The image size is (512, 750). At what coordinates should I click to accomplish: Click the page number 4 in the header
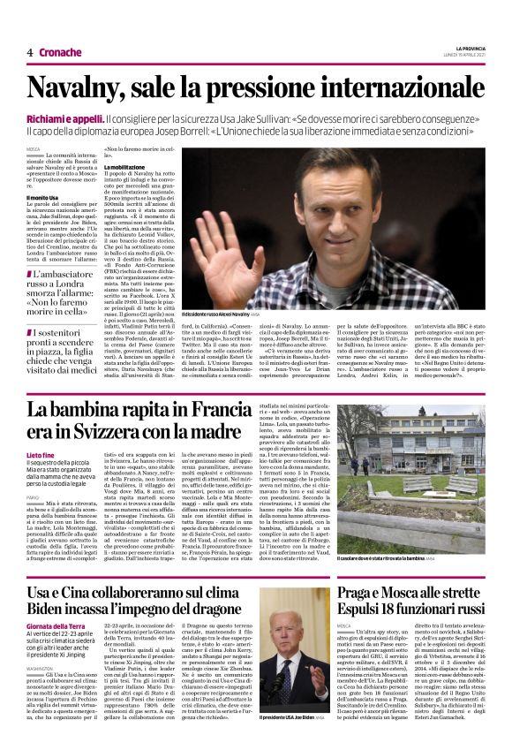(30, 53)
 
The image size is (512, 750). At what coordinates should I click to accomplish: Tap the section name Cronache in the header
(60, 53)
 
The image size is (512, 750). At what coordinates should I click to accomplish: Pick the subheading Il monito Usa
(42, 198)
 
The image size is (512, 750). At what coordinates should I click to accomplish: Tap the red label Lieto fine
(41, 454)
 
